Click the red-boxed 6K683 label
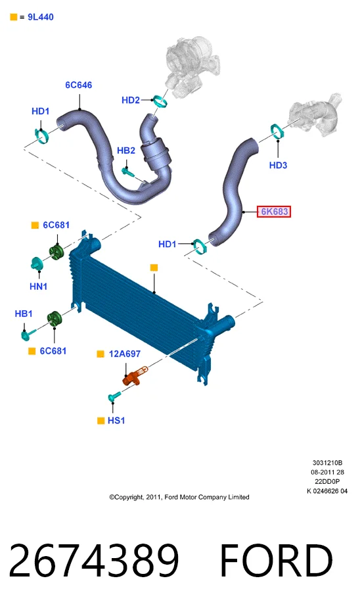(274, 212)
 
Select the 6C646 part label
(79, 85)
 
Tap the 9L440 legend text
(41, 17)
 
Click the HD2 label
(131, 101)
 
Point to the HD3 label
(278, 166)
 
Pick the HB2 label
(126, 151)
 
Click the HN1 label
(39, 287)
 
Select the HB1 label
(24, 314)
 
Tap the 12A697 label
(125, 354)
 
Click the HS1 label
(116, 420)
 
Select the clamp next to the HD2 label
(160, 101)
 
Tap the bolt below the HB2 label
(127, 171)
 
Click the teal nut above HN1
(37, 264)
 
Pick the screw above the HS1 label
(114, 397)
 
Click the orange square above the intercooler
(154, 268)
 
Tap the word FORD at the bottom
(276, 561)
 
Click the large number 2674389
(93, 561)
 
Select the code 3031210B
(327, 463)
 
